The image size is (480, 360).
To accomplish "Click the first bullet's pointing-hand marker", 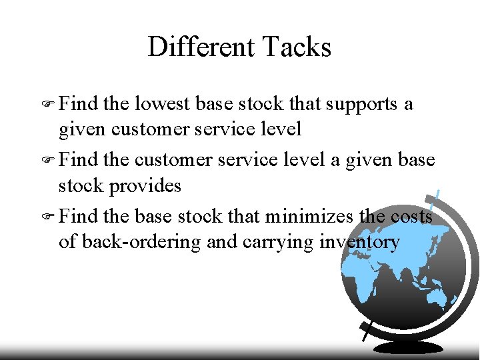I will click(47, 105).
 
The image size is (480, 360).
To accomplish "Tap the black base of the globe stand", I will click(408, 347).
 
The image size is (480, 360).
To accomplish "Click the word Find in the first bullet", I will click(79, 104).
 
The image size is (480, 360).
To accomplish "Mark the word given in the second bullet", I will click(364, 161).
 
